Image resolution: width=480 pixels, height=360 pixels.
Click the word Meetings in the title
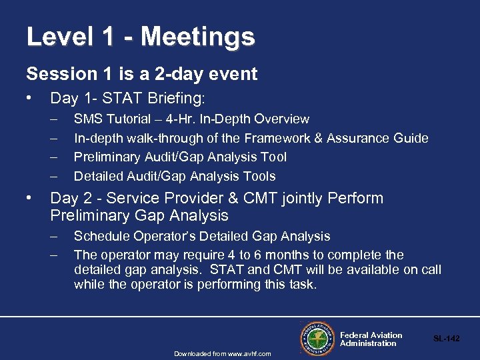click(x=197, y=37)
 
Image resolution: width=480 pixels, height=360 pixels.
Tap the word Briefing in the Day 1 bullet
click(x=174, y=99)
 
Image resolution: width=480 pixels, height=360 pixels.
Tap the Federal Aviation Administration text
click(x=371, y=339)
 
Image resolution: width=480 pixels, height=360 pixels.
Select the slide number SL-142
click(x=446, y=339)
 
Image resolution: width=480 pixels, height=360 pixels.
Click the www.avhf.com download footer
click(x=223, y=353)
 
